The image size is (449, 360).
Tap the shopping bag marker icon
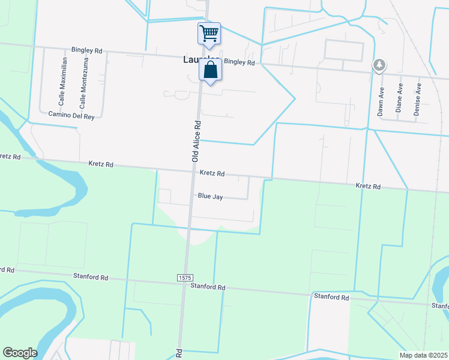coord(211,70)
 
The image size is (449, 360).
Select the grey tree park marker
coord(379,65)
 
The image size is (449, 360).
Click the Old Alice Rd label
coord(195,140)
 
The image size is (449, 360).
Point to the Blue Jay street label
coord(211,196)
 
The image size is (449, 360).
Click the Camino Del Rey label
coord(71,114)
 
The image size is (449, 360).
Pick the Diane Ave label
coord(399,98)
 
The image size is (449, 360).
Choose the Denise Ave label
coord(418,100)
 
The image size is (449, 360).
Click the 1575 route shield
coord(185,277)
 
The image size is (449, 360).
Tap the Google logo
coord(20,353)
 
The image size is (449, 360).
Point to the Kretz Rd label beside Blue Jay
coord(212,173)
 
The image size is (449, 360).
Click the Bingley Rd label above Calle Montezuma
coord(87,51)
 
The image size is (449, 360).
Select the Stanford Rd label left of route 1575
coord(91,278)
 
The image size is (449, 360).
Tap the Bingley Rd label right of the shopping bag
coord(240,62)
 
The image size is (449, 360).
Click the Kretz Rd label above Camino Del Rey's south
coord(101,163)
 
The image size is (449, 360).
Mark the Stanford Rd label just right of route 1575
coord(208,287)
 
